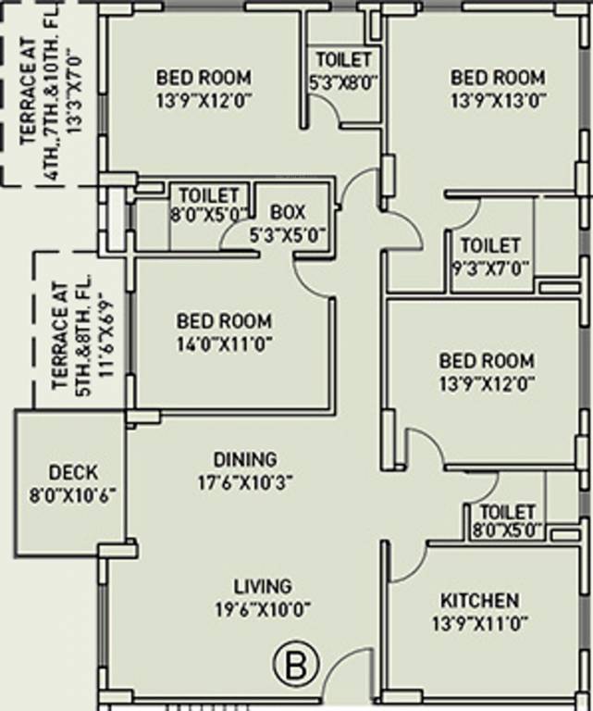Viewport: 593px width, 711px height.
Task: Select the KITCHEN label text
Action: point(479,600)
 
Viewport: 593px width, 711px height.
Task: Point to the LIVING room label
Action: point(263,586)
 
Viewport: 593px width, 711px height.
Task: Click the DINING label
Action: point(245,459)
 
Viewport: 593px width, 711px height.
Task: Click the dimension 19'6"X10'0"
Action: point(263,609)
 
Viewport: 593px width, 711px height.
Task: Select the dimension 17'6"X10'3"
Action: point(245,481)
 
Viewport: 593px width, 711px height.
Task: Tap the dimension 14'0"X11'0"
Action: point(225,344)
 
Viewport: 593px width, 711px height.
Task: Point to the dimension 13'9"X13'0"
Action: point(499,100)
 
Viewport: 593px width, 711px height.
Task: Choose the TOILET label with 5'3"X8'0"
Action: point(341,59)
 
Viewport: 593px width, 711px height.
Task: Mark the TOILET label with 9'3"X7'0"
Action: point(490,246)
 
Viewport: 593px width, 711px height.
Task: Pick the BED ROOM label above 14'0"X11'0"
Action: point(225,321)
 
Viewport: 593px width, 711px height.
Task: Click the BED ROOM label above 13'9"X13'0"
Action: point(499,77)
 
